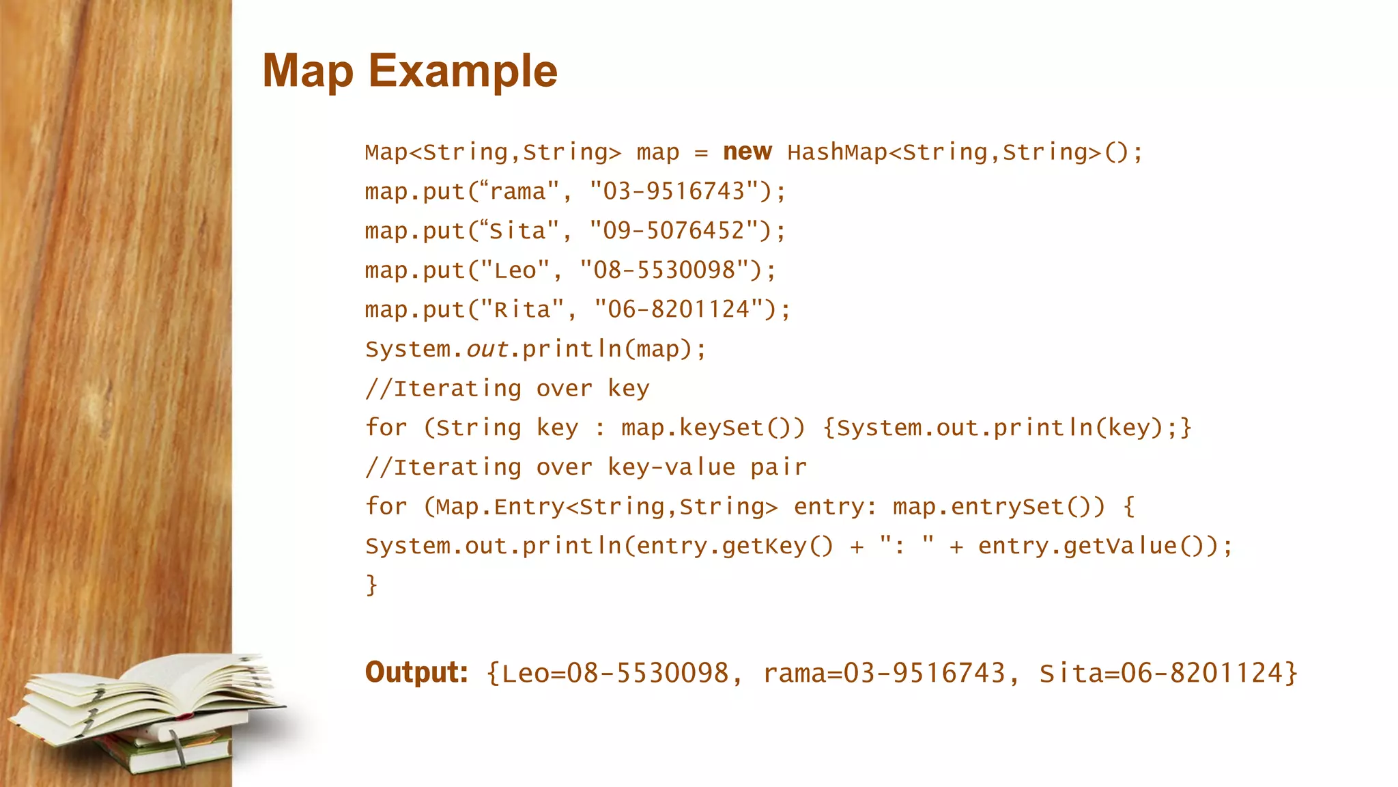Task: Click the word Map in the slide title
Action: click(x=308, y=71)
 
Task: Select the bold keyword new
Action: click(x=747, y=151)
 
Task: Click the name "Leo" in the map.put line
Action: click(x=515, y=271)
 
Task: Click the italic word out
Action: click(x=487, y=349)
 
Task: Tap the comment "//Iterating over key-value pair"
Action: click(x=586, y=467)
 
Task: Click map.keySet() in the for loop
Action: click(x=713, y=428)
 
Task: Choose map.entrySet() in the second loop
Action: click(x=998, y=507)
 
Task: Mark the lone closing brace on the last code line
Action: click(x=371, y=585)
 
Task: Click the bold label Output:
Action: click(x=416, y=672)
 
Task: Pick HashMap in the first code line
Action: click(x=837, y=152)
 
